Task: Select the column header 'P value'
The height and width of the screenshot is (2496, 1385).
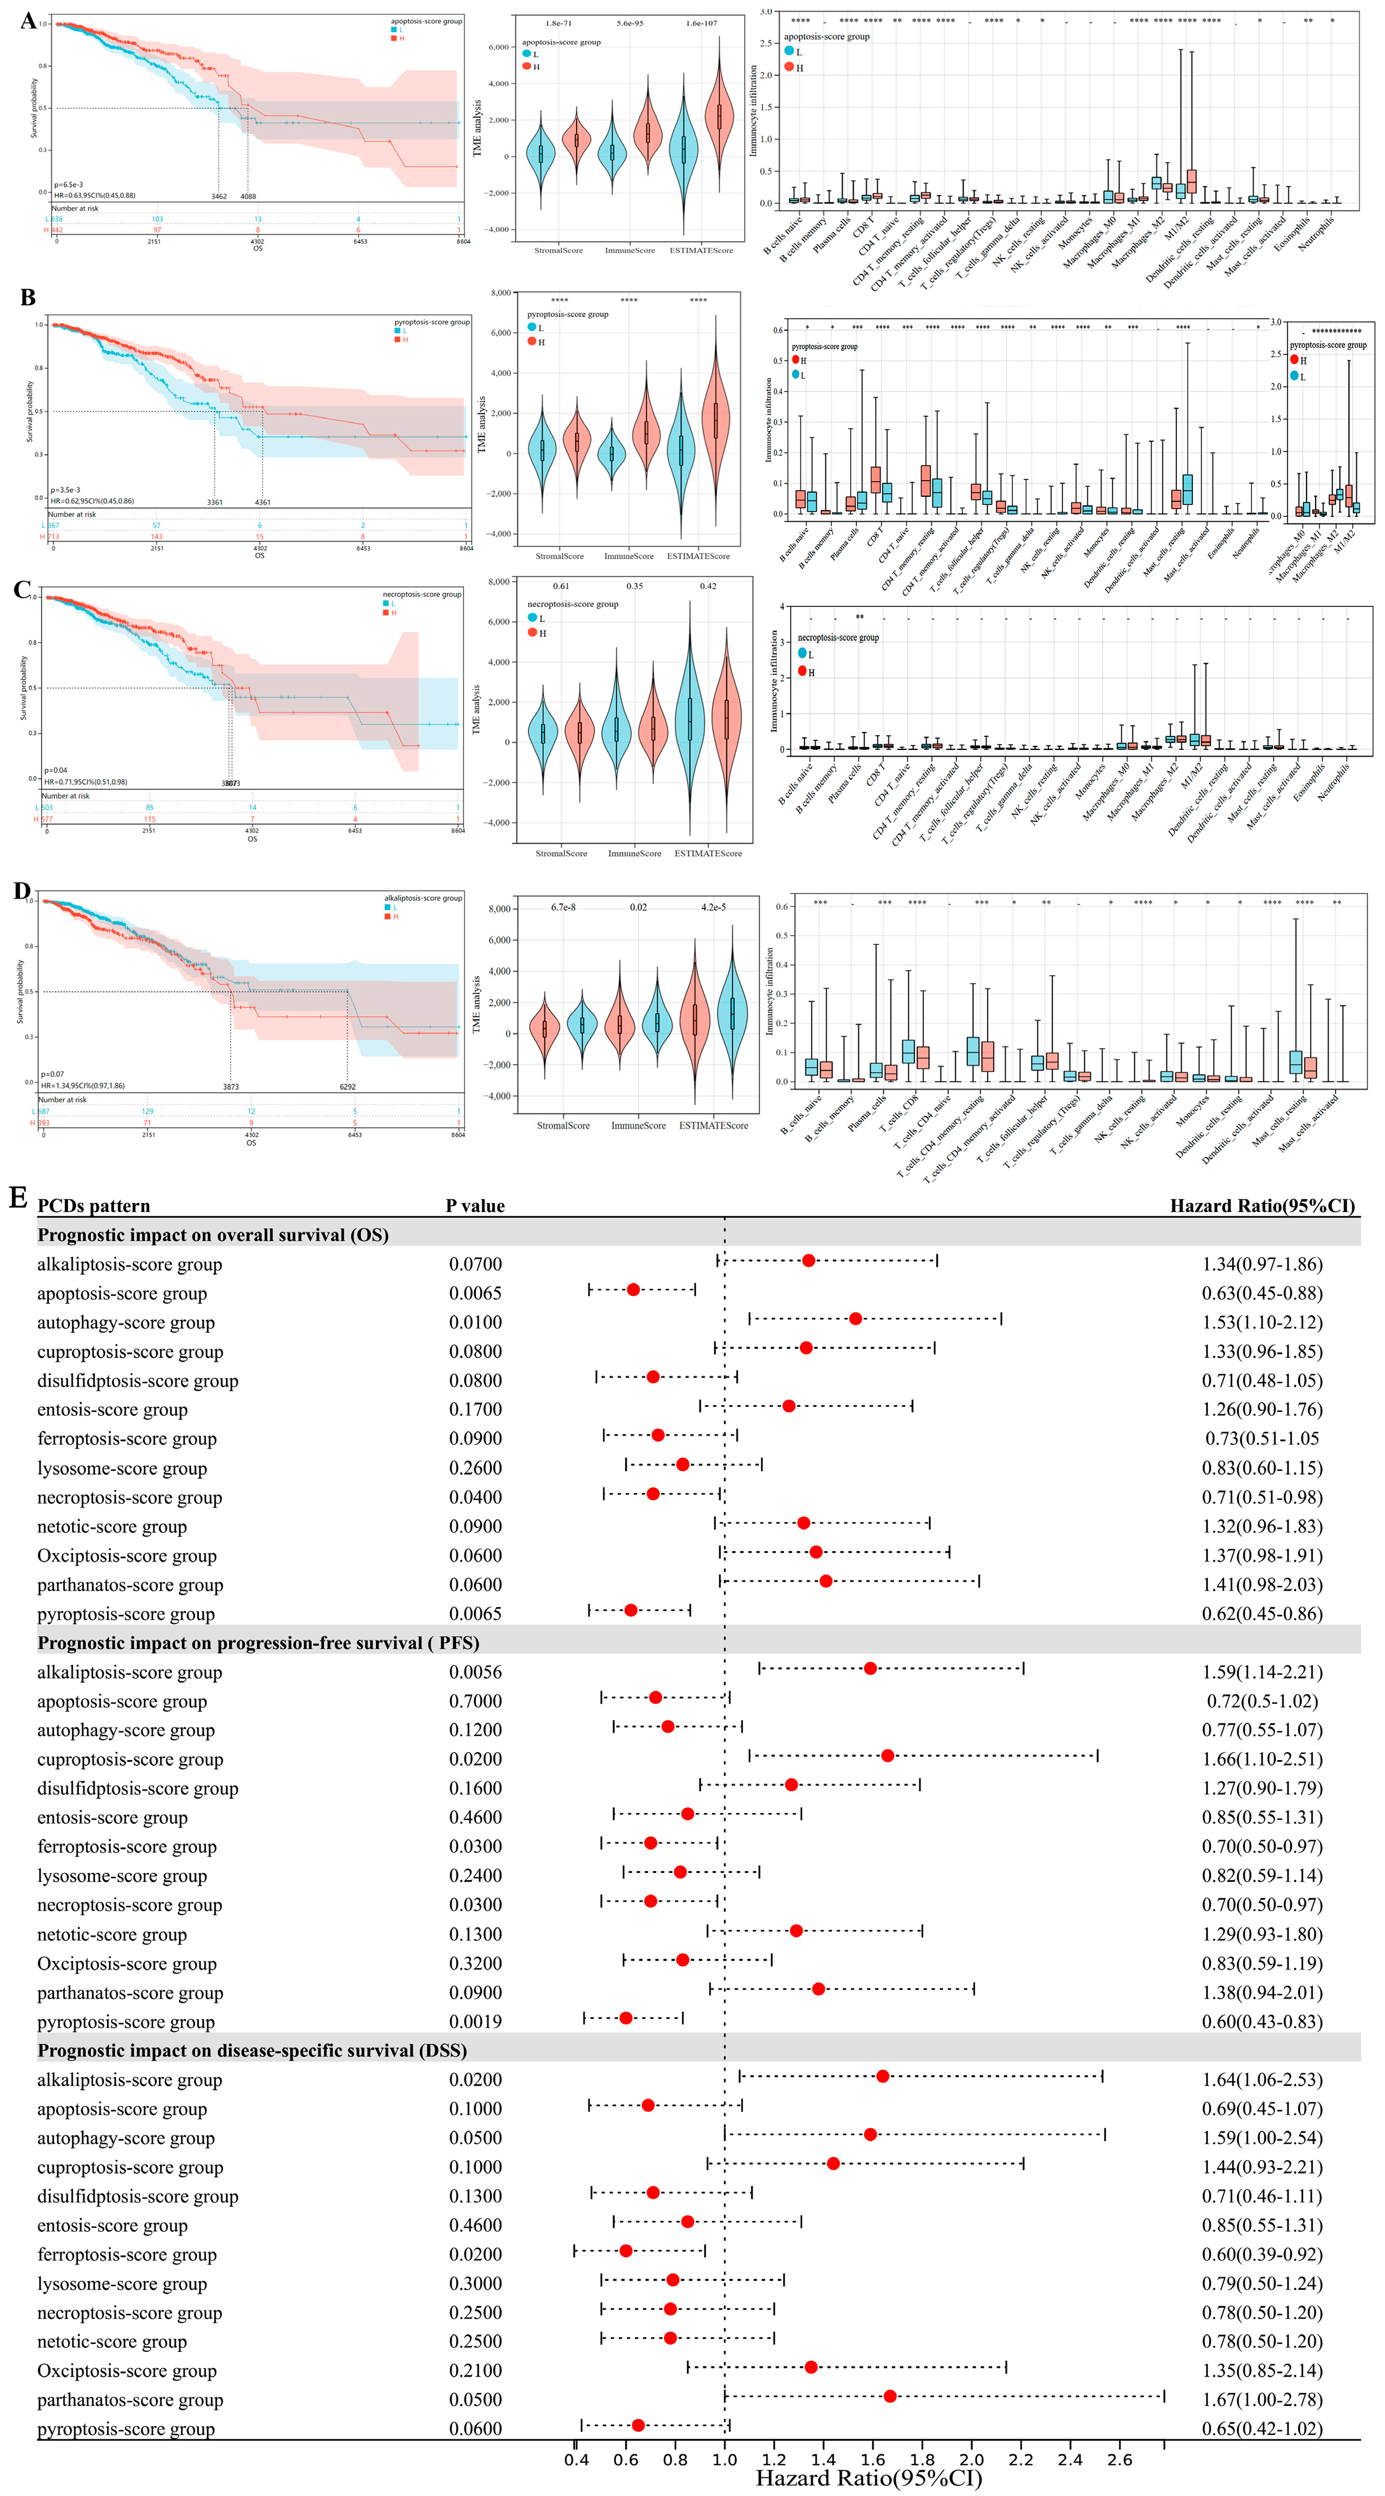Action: pos(475,1205)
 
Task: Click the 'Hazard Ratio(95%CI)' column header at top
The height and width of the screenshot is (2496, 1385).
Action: pos(1262,1205)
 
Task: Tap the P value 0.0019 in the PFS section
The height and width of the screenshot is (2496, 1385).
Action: pos(475,2021)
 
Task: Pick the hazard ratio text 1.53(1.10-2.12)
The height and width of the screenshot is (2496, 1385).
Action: pos(1262,1322)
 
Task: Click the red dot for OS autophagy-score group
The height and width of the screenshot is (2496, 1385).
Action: pos(855,1319)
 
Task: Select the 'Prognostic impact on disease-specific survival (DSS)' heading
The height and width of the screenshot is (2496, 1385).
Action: pos(252,2050)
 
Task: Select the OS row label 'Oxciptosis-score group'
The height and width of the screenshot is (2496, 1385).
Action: pos(127,1555)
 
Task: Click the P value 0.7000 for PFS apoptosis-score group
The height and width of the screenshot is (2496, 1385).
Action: pos(475,1700)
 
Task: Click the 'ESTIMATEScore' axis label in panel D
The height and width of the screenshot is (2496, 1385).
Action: pos(713,1126)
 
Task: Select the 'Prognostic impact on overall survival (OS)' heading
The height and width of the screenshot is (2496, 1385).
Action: pos(213,1234)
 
